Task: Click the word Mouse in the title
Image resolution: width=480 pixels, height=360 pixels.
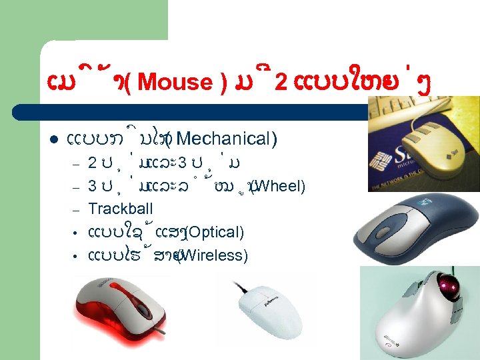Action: coord(175,83)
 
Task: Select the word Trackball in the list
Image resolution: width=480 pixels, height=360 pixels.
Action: coord(121,209)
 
